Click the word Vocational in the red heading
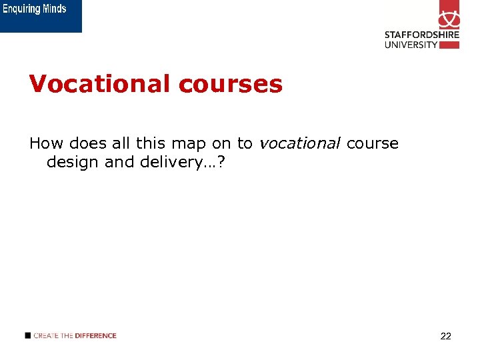point(99,84)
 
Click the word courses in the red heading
point(230,84)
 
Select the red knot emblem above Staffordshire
point(449,15)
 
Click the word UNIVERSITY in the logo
point(411,45)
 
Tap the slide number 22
point(446,336)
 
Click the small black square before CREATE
point(27,335)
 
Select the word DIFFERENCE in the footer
point(95,335)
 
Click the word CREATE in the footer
point(45,335)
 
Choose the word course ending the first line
point(372,143)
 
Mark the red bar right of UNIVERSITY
point(450,45)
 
